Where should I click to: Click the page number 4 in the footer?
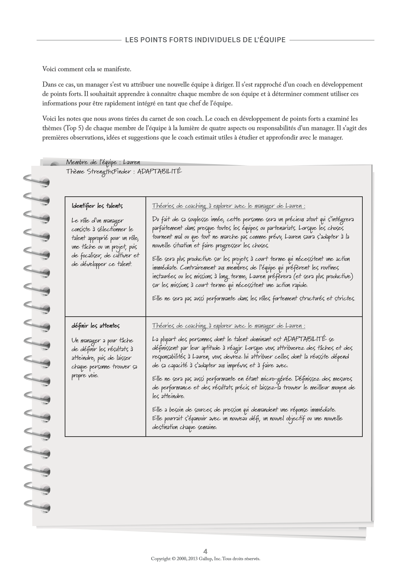click(x=205, y=552)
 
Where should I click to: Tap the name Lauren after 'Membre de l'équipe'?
click(x=131, y=163)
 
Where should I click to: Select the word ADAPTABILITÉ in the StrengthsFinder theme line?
click(x=160, y=171)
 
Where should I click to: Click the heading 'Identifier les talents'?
click(x=97, y=206)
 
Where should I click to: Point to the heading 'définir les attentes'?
click(x=95, y=326)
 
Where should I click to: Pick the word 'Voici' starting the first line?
click(x=49, y=70)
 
